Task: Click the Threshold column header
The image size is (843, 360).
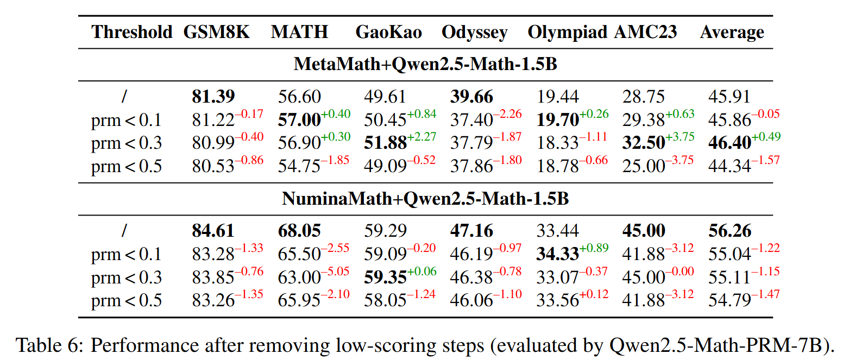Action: [x=132, y=32]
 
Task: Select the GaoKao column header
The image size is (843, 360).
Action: [x=388, y=32]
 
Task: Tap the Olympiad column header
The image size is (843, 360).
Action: [x=567, y=32]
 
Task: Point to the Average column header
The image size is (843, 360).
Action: [x=732, y=32]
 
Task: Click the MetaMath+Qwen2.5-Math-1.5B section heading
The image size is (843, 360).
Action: [x=425, y=64]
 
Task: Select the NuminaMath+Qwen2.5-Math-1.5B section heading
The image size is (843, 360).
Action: [x=425, y=198]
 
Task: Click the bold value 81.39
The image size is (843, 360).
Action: [x=213, y=97]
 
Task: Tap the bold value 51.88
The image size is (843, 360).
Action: [x=385, y=143]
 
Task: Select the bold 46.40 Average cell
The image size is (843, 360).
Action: [x=729, y=143]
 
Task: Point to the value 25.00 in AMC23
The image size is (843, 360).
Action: [x=644, y=167]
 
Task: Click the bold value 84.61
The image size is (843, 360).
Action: [x=213, y=231]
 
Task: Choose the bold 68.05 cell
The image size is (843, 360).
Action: [x=299, y=231]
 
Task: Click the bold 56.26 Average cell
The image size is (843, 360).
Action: [x=729, y=231]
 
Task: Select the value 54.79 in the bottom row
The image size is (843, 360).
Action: [x=729, y=300]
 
